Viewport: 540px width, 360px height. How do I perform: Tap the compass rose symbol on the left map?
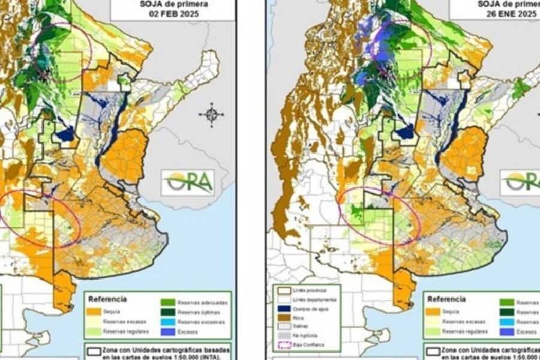coord(212,114)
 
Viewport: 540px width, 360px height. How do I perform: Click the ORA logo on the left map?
coord(187,182)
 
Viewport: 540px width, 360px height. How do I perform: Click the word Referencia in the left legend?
coord(107,298)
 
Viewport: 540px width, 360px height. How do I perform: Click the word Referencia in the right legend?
coord(445,298)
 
